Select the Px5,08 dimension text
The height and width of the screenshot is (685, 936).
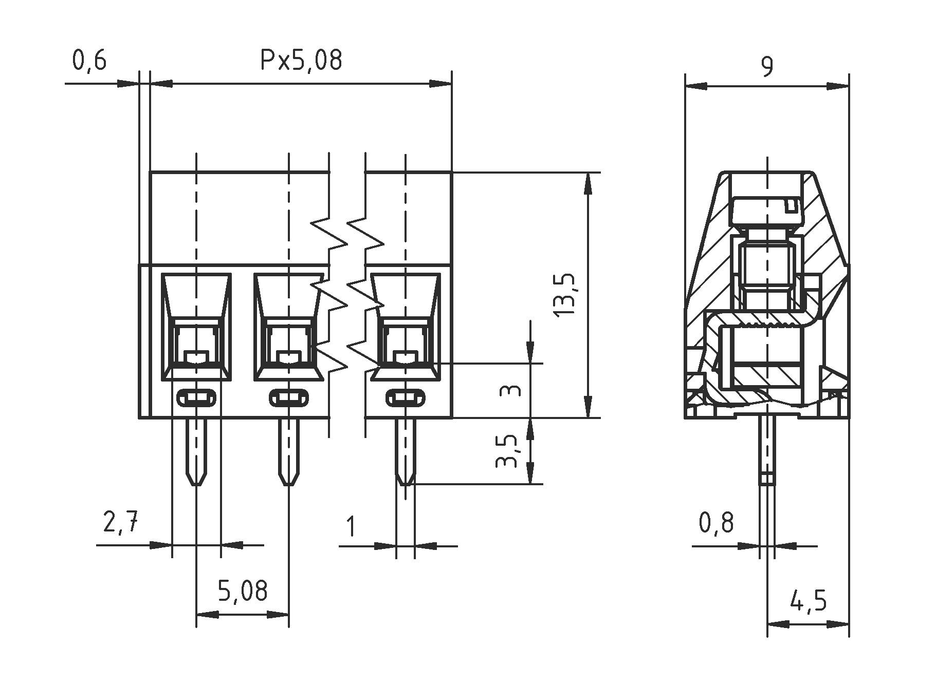pyautogui.click(x=301, y=61)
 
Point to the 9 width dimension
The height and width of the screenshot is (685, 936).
pyautogui.click(x=766, y=67)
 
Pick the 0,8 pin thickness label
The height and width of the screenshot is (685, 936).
pyautogui.click(x=716, y=523)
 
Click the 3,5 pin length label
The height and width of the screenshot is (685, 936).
pyautogui.click(x=507, y=451)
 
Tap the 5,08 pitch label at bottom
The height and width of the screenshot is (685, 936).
pyautogui.click(x=243, y=591)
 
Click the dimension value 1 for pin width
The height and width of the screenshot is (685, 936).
pyautogui.click(x=351, y=526)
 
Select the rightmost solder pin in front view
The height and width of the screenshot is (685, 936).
pyautogui.click(x=405, y=452)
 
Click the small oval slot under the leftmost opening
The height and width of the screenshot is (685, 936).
pyautogui.click(x=196, y=397)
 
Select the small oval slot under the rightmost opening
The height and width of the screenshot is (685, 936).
pyautogui.click(x=405, y=397)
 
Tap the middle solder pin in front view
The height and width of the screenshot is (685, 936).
pyautogui.click(x=289, y=452)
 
